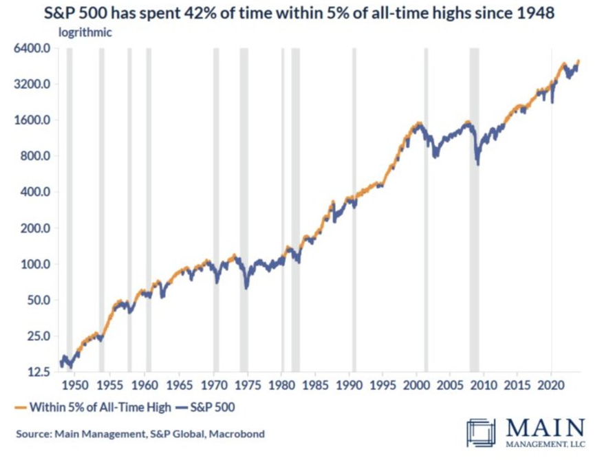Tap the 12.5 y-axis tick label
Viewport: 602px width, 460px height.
37,372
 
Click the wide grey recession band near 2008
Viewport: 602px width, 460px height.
474,206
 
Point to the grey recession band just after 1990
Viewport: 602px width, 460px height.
354,206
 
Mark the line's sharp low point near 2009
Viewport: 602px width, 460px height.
477,164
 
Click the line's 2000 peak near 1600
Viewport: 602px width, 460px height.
417,124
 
